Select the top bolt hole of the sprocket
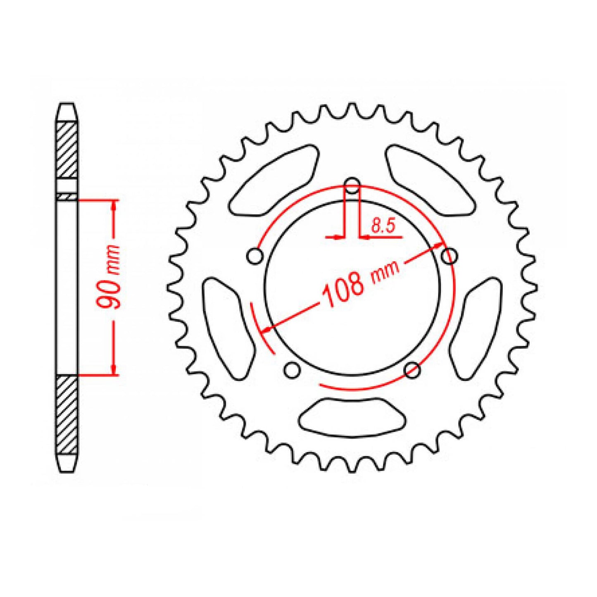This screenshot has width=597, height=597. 352,186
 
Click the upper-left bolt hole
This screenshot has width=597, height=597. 255,256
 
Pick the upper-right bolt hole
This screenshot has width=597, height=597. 449,256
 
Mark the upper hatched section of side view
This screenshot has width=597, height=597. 67,150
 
